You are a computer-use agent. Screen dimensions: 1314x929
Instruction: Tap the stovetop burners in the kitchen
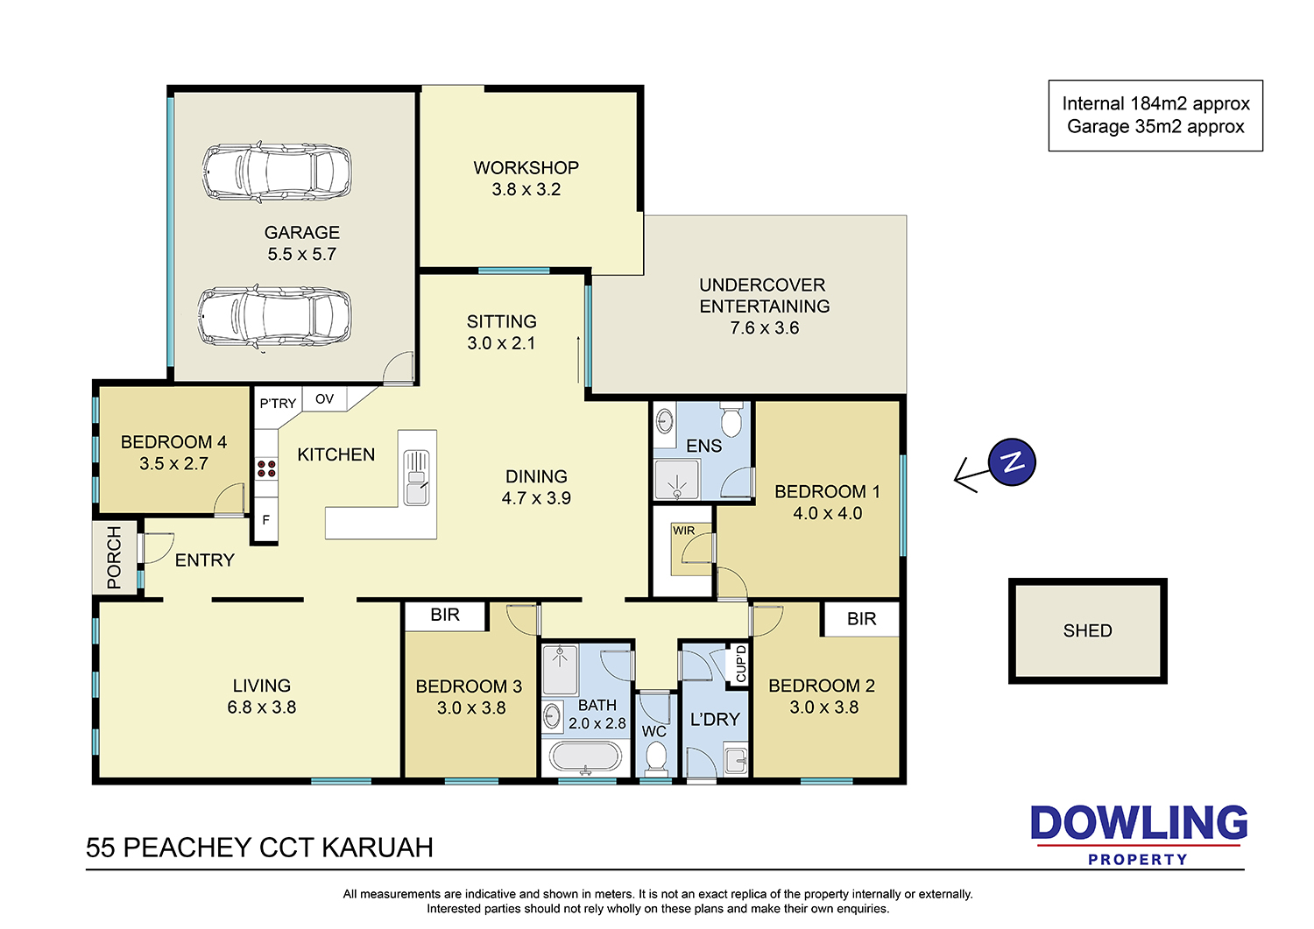tap(266, 468)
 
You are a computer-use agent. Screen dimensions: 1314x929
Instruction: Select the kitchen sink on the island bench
tap(416, 477)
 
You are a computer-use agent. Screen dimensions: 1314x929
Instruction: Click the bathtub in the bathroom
tap(584, 757)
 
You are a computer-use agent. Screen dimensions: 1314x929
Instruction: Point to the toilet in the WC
tap(655, 757)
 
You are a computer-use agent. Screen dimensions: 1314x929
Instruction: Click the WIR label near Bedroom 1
tap(683, 531)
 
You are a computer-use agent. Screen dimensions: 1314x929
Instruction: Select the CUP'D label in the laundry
tap(741, 664)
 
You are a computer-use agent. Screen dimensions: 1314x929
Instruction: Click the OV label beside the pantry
tap(324, 399)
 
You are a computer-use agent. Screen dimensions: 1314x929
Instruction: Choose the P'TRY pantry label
tap(278, 404)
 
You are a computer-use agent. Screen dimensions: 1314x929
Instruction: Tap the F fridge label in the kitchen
tap(265, 519)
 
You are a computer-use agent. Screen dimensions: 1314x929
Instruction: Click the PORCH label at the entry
tap(114, 557)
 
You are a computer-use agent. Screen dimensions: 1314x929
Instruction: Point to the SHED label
tap(1088, 630)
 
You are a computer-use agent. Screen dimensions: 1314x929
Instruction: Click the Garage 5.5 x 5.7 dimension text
tap(302, 254)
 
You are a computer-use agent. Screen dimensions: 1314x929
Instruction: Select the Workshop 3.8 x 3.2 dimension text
tap(526, 189)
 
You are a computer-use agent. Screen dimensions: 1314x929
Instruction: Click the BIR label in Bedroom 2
tap(861, 619)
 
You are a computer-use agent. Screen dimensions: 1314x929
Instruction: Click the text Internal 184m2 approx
tap(1155, 104)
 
